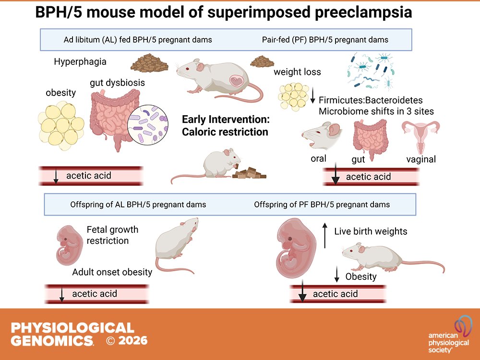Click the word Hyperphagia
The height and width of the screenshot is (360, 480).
coord(80,62)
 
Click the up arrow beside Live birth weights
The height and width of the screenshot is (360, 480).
coord(325,235)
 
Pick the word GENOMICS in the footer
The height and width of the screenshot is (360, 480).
coord(52,341)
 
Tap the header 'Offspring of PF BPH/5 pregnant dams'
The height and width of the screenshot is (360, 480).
coord(322,204)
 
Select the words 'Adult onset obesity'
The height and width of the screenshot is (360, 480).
coord(112,272)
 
